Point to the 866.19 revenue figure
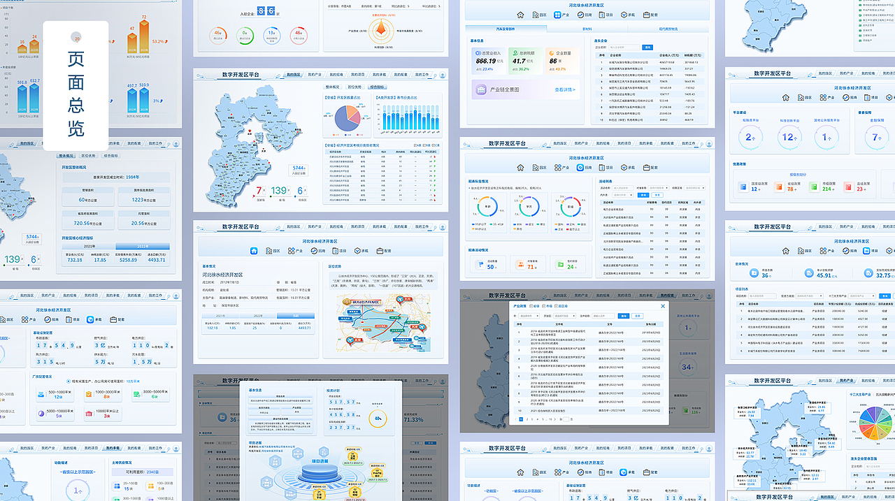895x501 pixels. (x=486, y=61)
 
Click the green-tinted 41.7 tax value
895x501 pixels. (x=520, y=61)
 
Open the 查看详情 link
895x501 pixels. (x=565, y=89)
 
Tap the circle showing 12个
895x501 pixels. (x=789, y=137)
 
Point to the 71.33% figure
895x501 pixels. (x=413, y=419)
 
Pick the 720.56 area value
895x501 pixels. (x=87, y=224)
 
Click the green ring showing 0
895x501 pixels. (x=245, y=34)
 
